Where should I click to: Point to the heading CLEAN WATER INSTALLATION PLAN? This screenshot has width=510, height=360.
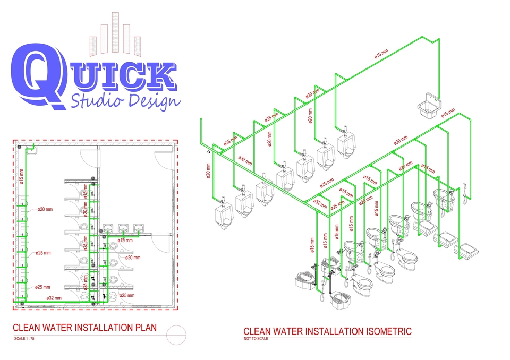(x=84, y=328)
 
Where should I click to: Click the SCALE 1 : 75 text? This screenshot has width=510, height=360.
(x=24, y=338)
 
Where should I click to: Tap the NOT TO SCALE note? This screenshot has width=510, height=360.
(x=256, y=338)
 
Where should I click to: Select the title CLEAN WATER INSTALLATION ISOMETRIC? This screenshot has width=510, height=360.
(x=327, y=332)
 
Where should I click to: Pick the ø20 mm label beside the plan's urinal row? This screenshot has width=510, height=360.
(x=45, y=209)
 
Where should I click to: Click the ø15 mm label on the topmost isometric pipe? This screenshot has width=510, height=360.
(x=381, y=54)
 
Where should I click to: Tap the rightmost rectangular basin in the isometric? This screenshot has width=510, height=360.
(x=468, y=250)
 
